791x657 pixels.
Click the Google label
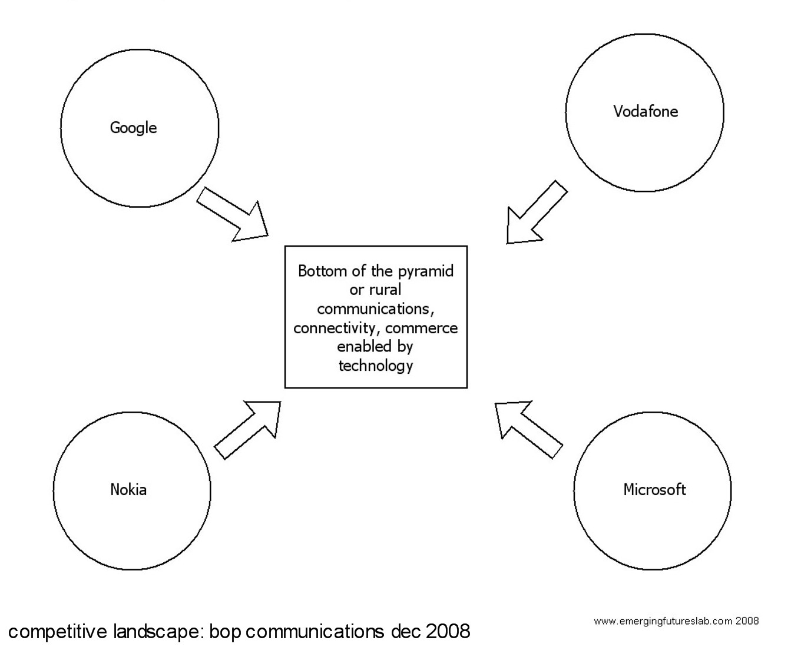tap(134, 128)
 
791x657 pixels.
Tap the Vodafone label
tap(646, 111)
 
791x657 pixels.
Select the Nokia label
tap(128, 489)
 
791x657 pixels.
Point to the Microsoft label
tap(654, 489)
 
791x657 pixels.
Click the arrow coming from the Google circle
tap(233, 215)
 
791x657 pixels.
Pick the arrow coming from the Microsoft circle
tap(527, 428)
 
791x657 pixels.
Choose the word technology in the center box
tap(376, 366)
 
